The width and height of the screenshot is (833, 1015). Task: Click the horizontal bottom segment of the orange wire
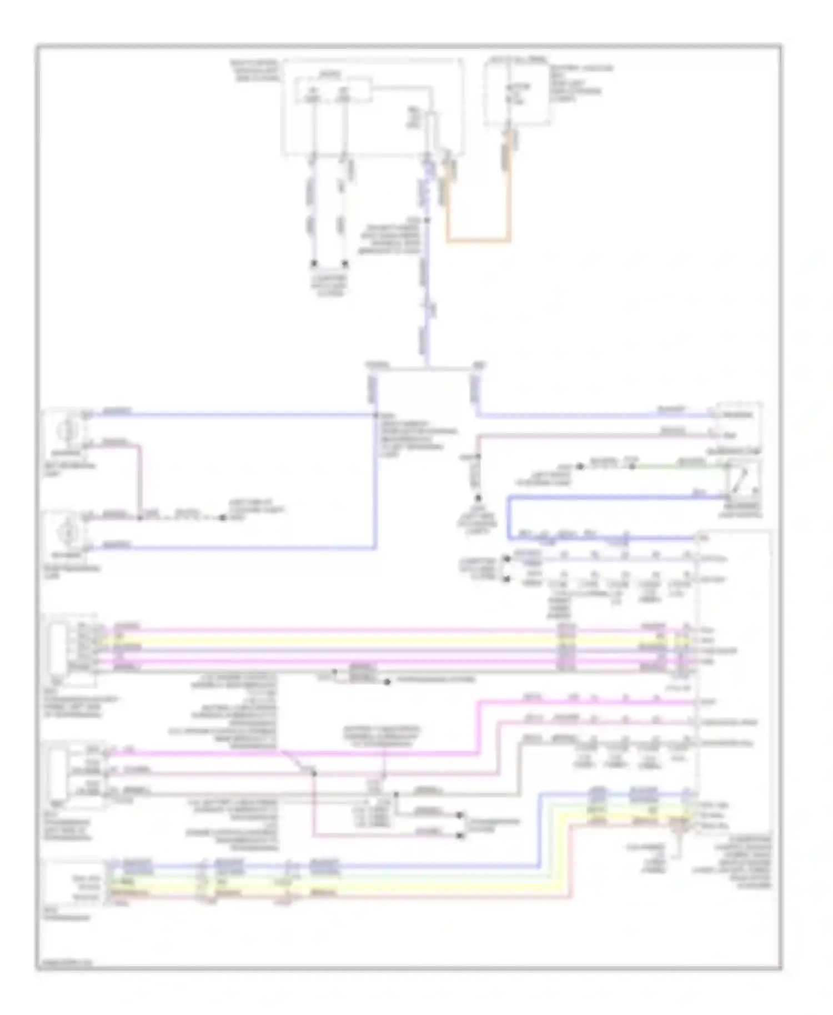(478, 241)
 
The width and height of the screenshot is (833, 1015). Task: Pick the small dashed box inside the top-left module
(332, 91)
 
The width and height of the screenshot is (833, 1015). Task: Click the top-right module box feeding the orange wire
(516, 93)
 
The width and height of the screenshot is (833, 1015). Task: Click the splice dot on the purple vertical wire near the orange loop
(427, 220)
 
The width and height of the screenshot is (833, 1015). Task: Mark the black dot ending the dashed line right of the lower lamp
(222, 517)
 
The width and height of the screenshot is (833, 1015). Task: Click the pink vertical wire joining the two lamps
(139, 480)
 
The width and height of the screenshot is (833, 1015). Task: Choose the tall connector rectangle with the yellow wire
(59, 647)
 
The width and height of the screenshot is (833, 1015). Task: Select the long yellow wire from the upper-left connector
(333, 640)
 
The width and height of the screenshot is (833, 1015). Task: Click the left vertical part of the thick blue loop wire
(509, 517)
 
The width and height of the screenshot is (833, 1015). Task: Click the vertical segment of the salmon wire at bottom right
(571, 860)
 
